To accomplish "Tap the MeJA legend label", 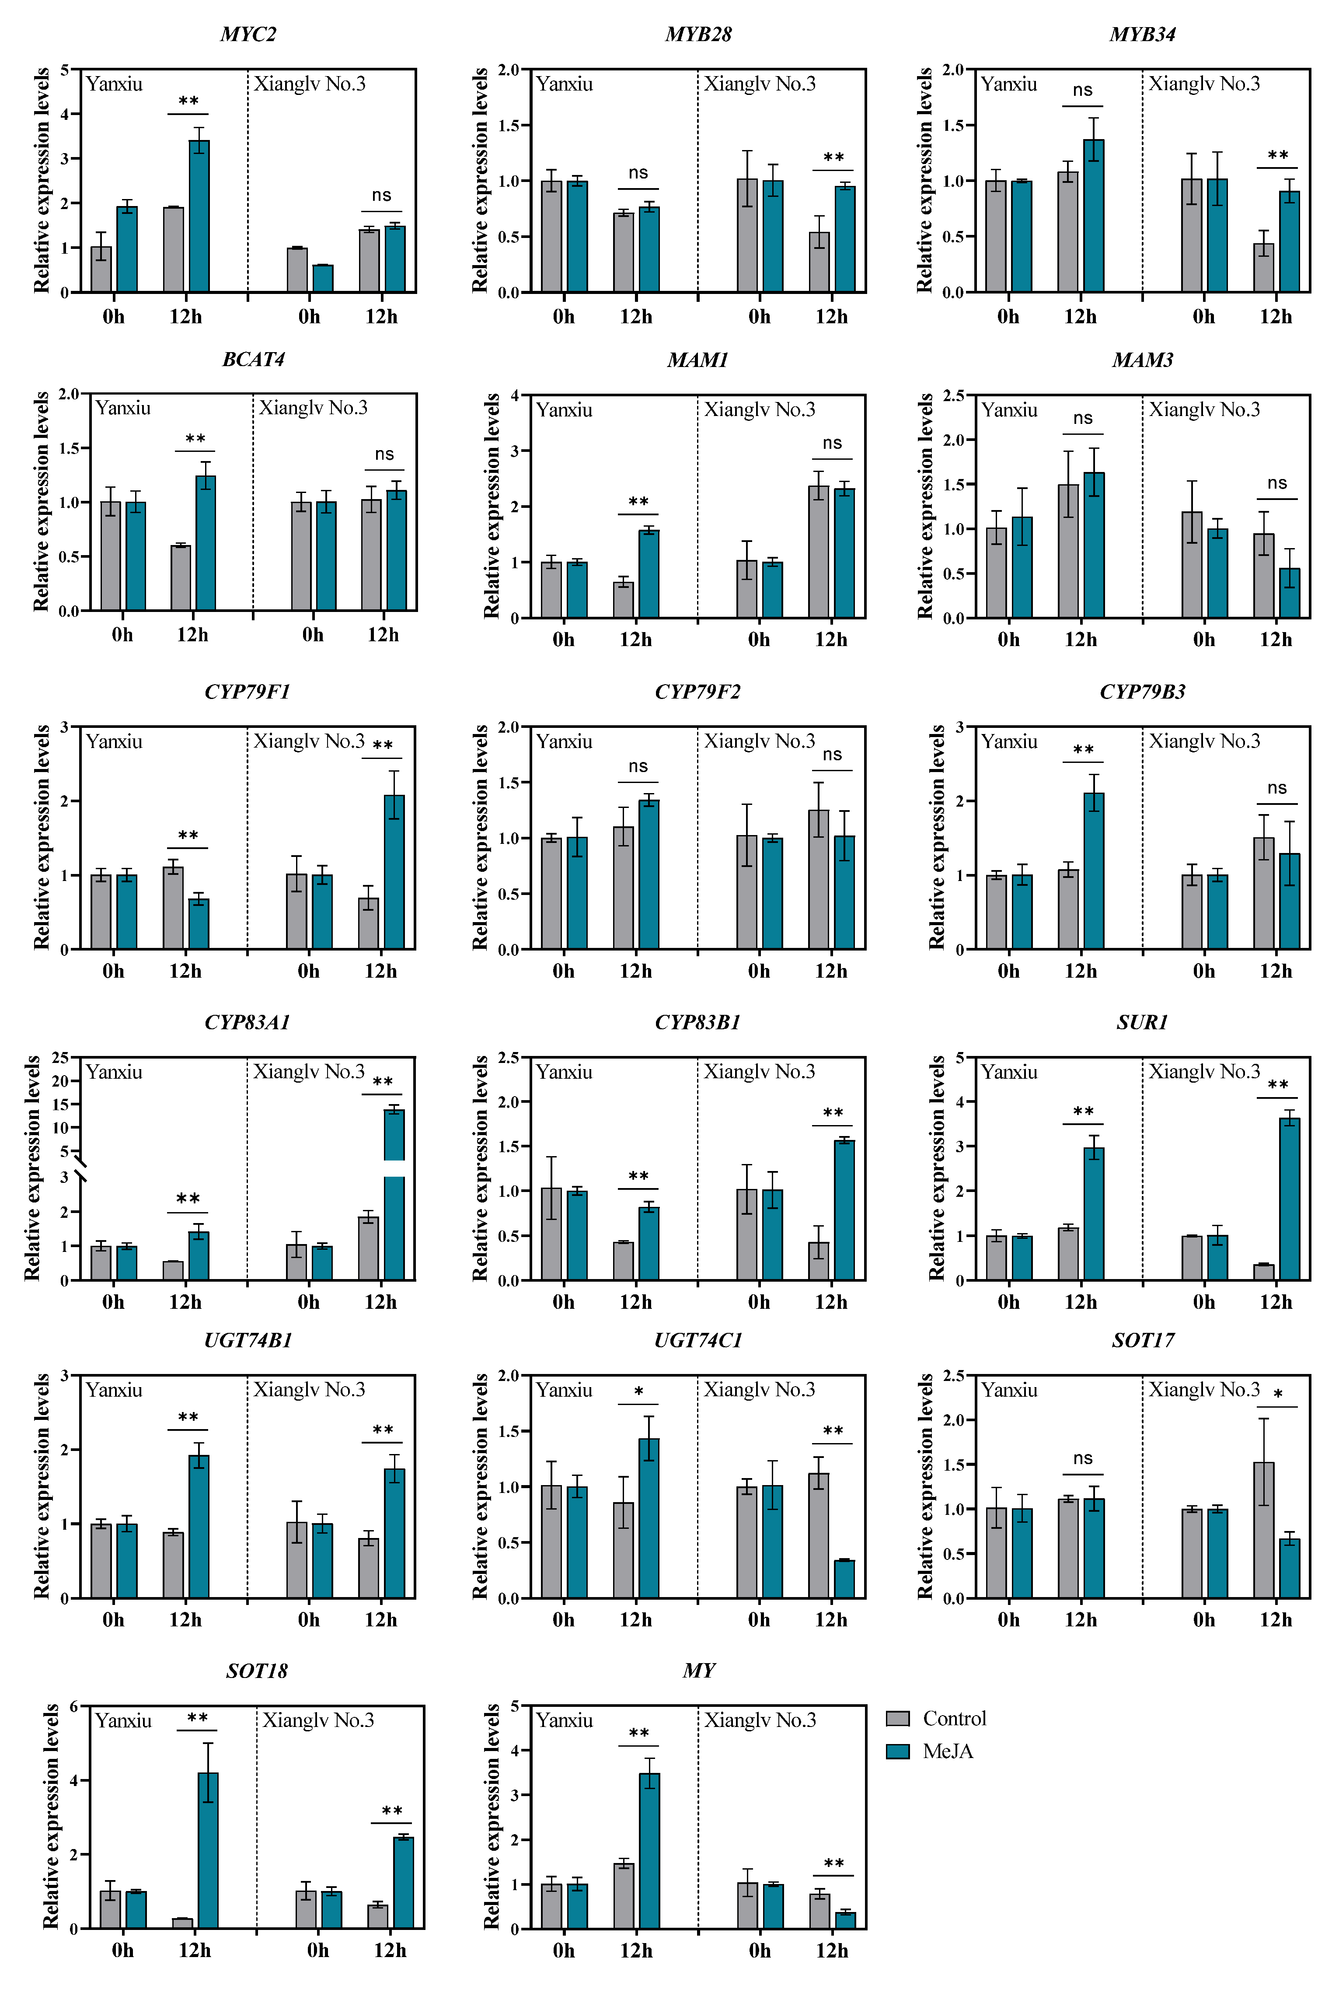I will point(948,1751).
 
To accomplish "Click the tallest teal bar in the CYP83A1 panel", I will point(394,1195).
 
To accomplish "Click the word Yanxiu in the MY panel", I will point(564,1720).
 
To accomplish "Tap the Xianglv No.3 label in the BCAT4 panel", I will point(314,407).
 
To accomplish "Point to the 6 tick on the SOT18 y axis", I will point(73,1706).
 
